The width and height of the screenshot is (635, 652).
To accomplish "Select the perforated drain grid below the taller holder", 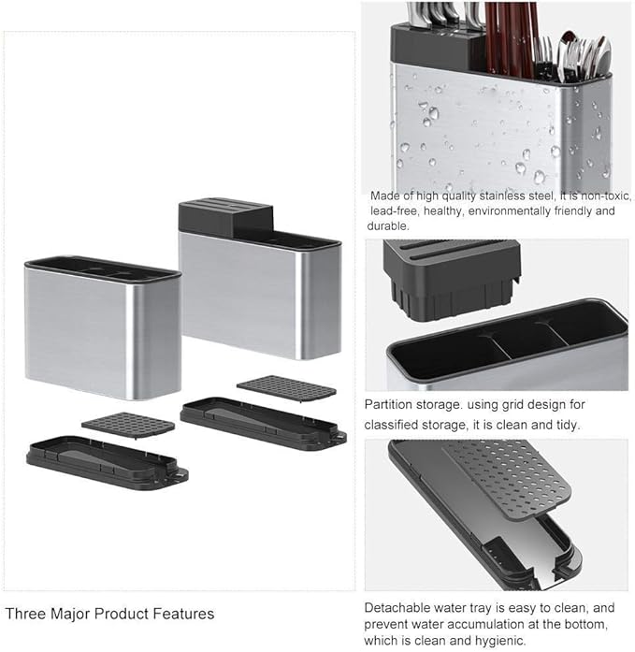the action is (x=286, y=388).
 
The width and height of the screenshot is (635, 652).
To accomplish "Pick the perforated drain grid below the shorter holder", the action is (x=128, y=424).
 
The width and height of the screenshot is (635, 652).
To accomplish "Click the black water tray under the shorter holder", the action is (x=108, y=463).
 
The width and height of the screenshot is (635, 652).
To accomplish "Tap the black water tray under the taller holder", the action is (x=264, y=424).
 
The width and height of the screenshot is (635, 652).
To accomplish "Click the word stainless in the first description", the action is (x=502, y=196).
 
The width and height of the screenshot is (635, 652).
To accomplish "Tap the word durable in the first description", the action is (x=388, y=225).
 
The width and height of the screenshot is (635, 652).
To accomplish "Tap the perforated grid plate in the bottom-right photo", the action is (x=506, y=478).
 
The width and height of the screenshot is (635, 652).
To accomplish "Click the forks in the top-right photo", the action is (x=543, y=58).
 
